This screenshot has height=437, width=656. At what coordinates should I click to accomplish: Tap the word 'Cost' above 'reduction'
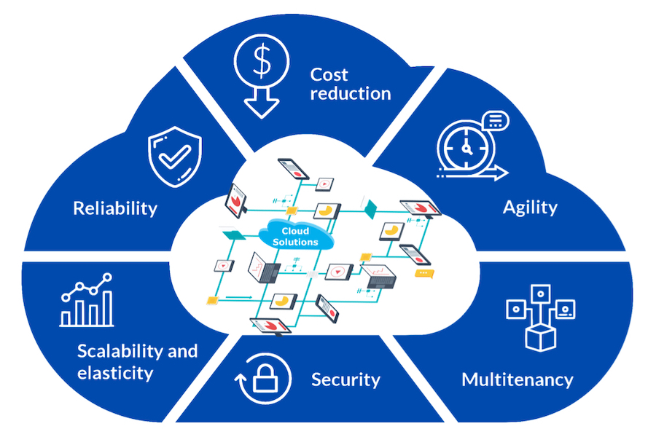point(329,74)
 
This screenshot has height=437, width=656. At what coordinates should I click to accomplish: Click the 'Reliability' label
point(115,208)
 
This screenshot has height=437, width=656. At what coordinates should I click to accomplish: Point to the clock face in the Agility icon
point(466,146)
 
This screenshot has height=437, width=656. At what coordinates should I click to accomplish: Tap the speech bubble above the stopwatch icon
point(496,119)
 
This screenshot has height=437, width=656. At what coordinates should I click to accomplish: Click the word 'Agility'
point(530,207)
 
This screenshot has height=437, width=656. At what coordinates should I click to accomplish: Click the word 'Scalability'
point(120,351)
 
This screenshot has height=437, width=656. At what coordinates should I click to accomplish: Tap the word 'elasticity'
point(115,374)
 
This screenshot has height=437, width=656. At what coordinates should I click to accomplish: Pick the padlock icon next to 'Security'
point(264,379)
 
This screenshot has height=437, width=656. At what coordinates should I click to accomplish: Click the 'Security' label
point(345,379)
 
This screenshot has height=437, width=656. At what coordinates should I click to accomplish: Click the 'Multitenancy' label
point(518,379)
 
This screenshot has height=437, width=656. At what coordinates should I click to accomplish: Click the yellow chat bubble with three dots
point(423,272)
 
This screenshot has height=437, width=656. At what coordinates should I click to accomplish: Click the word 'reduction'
point(351,93)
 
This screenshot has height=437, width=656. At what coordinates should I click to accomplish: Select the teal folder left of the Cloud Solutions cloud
point(233,235)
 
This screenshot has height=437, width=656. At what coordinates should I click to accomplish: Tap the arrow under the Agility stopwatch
point(474,173)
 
